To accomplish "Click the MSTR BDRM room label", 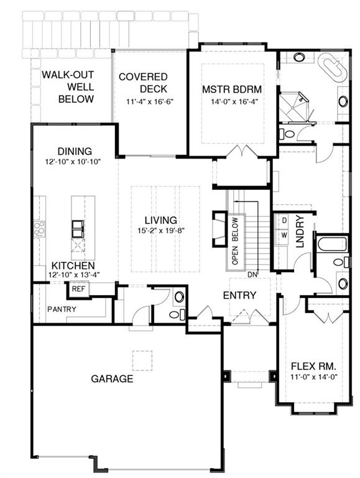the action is pos(232,90).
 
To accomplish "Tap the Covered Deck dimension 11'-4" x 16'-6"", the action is pos(150,101).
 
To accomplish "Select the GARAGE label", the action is pos(112,378).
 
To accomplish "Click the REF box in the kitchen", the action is pos(78,288).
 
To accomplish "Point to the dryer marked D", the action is pos(284,220).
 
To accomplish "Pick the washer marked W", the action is pos(284,235).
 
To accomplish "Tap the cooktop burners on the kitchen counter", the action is pos(39,229).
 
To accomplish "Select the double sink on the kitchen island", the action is pos(78,229).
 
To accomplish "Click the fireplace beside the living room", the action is pos(219,228).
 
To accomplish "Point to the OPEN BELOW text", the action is pos(235,241).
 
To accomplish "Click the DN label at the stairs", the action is pos(252,274).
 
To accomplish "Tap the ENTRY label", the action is pos(240,295).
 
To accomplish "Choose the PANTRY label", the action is pos(62,309).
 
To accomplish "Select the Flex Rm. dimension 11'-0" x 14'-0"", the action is pos(314,377).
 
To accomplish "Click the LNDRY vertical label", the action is pos(300,232).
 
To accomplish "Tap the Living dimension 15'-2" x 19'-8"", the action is pos(161,230).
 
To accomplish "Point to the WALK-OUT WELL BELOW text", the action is pos(68,87).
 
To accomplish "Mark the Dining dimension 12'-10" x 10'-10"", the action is pos(73,162).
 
